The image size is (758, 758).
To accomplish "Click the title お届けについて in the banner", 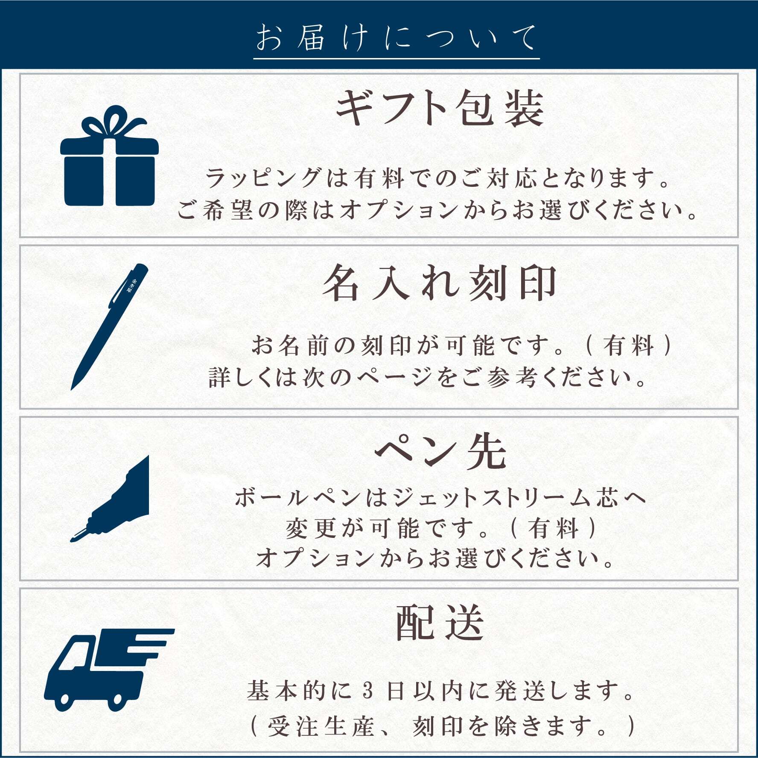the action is tap(396, 38).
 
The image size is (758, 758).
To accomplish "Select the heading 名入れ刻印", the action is tap(440, 282).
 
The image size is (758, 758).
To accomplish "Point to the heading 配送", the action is tap(440, 623).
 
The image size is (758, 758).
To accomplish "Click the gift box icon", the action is tap(109, 156).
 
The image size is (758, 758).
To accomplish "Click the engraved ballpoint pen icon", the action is tap(110, 327).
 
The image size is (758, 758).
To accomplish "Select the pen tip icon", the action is tap(110, 499).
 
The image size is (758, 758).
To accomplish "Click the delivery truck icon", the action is tap(109, 670).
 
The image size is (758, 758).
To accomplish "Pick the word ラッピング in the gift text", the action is tap(263, 178).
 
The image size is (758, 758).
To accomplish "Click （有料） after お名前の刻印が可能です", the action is tap(629, 346).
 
